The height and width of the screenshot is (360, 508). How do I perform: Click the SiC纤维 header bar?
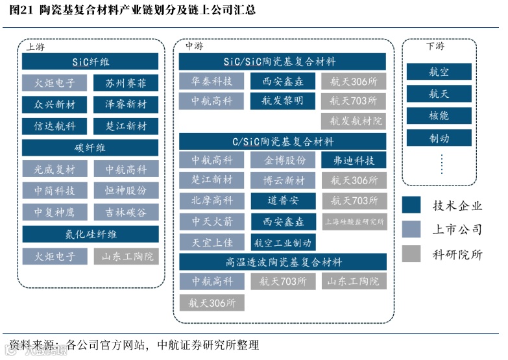(90, 62)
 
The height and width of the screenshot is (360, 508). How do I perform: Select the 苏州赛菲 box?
(126, 84)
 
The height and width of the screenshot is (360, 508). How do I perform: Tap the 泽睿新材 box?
(126, 104)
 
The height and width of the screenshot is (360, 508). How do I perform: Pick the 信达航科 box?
(54, 126)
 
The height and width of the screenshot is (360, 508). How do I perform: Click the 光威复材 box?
(54, 170)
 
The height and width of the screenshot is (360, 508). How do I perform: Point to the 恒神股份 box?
(126, 191)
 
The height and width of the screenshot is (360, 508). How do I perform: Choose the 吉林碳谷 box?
(126, 212)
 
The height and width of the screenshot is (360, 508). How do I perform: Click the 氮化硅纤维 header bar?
(90, 234)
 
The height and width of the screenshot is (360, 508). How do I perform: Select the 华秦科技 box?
(212, 81)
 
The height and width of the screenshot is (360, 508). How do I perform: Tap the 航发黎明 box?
(282, 101)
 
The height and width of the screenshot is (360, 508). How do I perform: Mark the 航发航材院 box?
(354, 121)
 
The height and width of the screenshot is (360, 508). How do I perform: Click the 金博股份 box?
(282, 160)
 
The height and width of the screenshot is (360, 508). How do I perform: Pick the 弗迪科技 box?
(354, 160)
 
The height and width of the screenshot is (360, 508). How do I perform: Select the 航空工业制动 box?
(282, 243)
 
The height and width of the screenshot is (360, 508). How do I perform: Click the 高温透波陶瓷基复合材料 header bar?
(282, 262)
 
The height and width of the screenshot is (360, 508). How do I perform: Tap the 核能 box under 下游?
(439, 116)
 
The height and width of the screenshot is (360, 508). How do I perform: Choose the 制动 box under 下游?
(439, 138)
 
